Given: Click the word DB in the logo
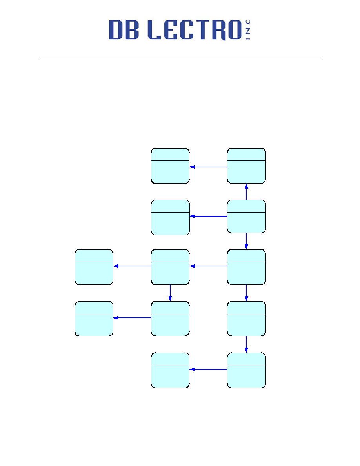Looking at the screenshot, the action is click(x=124, y=30).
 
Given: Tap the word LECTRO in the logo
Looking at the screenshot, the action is click(x=195, y=30).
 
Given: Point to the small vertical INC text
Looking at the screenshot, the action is click(x=248, y=30).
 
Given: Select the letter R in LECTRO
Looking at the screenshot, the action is click(x=219, y=30).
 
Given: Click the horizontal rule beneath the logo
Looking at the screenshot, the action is click(x=180, y=59).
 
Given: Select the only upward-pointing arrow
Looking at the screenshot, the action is click(x=246, y=192).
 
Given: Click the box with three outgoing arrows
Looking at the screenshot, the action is click(x=246, y=217).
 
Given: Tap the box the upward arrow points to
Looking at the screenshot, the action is click(x=246, y=166).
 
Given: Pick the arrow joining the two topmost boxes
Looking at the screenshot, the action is click(x=208, y=167).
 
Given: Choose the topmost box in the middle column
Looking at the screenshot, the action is click(x=170, y=166).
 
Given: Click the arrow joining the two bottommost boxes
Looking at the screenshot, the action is click(x=208, y=370).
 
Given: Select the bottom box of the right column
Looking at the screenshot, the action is click(x=246, y=370).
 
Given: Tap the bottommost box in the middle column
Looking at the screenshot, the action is click(x=170, y=370).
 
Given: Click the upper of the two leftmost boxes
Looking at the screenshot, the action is click(x=94, y=267).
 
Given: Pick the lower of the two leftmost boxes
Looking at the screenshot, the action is click(x=94, y=319).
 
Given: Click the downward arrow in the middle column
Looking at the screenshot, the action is click(x=170, y=293).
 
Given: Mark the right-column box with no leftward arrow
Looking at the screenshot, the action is click(x=246, y=319).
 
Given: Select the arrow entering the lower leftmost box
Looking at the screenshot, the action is click(x=132, y=318).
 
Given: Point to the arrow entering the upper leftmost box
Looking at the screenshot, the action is click(x=132, y=266).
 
